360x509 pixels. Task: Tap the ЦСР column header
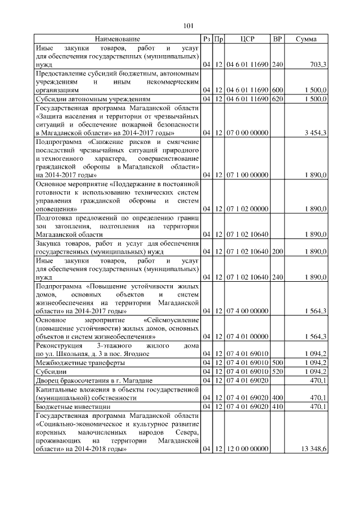click(x=247, y=39)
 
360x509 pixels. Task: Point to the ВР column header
click(x=277, y=39)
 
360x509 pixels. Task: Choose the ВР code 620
click(x=277, y=99)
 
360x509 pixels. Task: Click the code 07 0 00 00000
click(x=247, y=132)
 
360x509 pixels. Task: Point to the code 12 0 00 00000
click(x=247, y=450)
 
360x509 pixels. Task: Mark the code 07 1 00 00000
click(x=247, y=175)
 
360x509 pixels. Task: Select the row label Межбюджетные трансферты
click(x=75, y=362)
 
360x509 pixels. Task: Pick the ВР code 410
click(x=277, y=406)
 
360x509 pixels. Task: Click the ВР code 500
click(x=277, y=362)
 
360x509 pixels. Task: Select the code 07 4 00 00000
click(x=247, y=310)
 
